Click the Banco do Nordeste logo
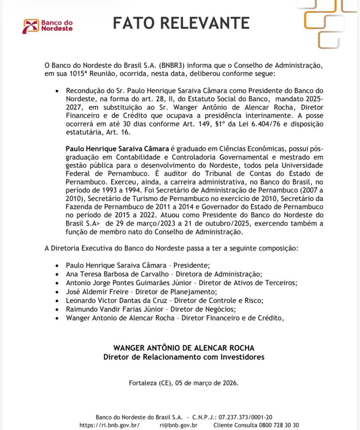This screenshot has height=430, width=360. [48, 26]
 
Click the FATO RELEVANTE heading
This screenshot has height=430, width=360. [181, 23]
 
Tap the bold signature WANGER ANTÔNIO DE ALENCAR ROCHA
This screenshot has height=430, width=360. [184, 348]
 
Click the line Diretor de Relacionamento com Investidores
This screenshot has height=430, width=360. [184, 357]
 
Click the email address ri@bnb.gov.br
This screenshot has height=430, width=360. [180, 425]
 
